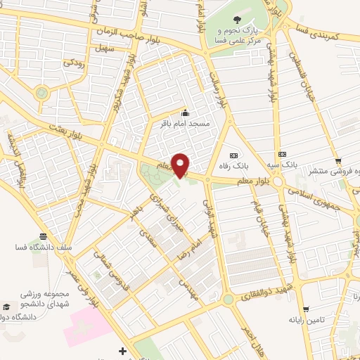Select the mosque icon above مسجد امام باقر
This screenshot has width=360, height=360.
pos(185,112)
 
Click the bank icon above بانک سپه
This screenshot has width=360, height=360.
pos(282,154)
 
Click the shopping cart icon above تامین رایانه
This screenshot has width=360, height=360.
pos(306,309)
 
